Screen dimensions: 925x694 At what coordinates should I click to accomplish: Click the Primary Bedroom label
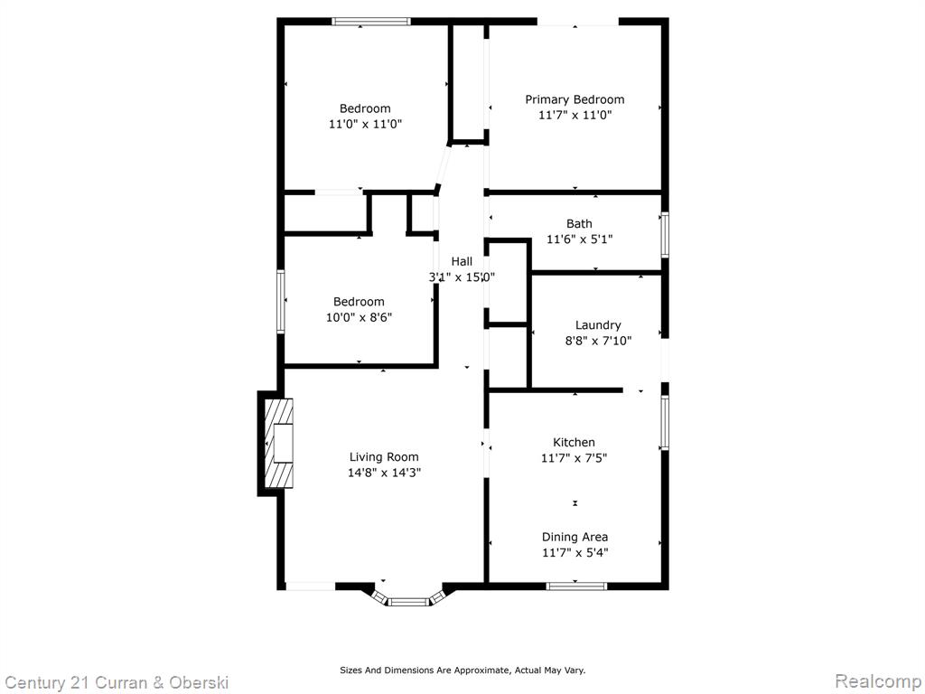point(575,99)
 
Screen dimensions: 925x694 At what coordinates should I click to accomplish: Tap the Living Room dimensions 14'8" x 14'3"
point(384,472)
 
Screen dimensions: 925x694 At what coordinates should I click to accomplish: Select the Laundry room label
point(598,325)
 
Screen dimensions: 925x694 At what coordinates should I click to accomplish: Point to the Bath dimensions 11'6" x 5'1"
point(580,239)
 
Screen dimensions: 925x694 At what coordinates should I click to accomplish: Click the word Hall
point(462,261)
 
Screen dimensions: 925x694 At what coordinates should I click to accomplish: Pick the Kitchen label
point(574,442)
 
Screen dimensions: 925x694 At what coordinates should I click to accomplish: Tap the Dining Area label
point(575,537)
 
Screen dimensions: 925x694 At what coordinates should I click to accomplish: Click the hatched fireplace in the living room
point(278,443)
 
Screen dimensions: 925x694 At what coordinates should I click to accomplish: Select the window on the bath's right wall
point(665,234)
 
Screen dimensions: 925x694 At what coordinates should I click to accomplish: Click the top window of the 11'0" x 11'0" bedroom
point(371,22)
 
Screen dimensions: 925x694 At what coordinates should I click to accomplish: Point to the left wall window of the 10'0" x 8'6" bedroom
point(281,301)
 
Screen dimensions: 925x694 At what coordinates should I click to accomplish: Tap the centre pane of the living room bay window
point(409,602)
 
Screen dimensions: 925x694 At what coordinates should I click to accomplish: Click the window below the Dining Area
point(576,586)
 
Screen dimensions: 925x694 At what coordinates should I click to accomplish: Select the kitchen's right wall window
point(665,422)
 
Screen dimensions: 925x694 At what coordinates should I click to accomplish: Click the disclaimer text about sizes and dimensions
point(462,670)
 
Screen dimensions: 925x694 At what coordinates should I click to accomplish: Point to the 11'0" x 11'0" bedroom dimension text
point(365,124)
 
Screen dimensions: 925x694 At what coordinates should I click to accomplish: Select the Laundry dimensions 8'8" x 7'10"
point(598,341)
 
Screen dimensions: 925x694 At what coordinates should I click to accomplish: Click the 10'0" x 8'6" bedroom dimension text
point(360,317)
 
